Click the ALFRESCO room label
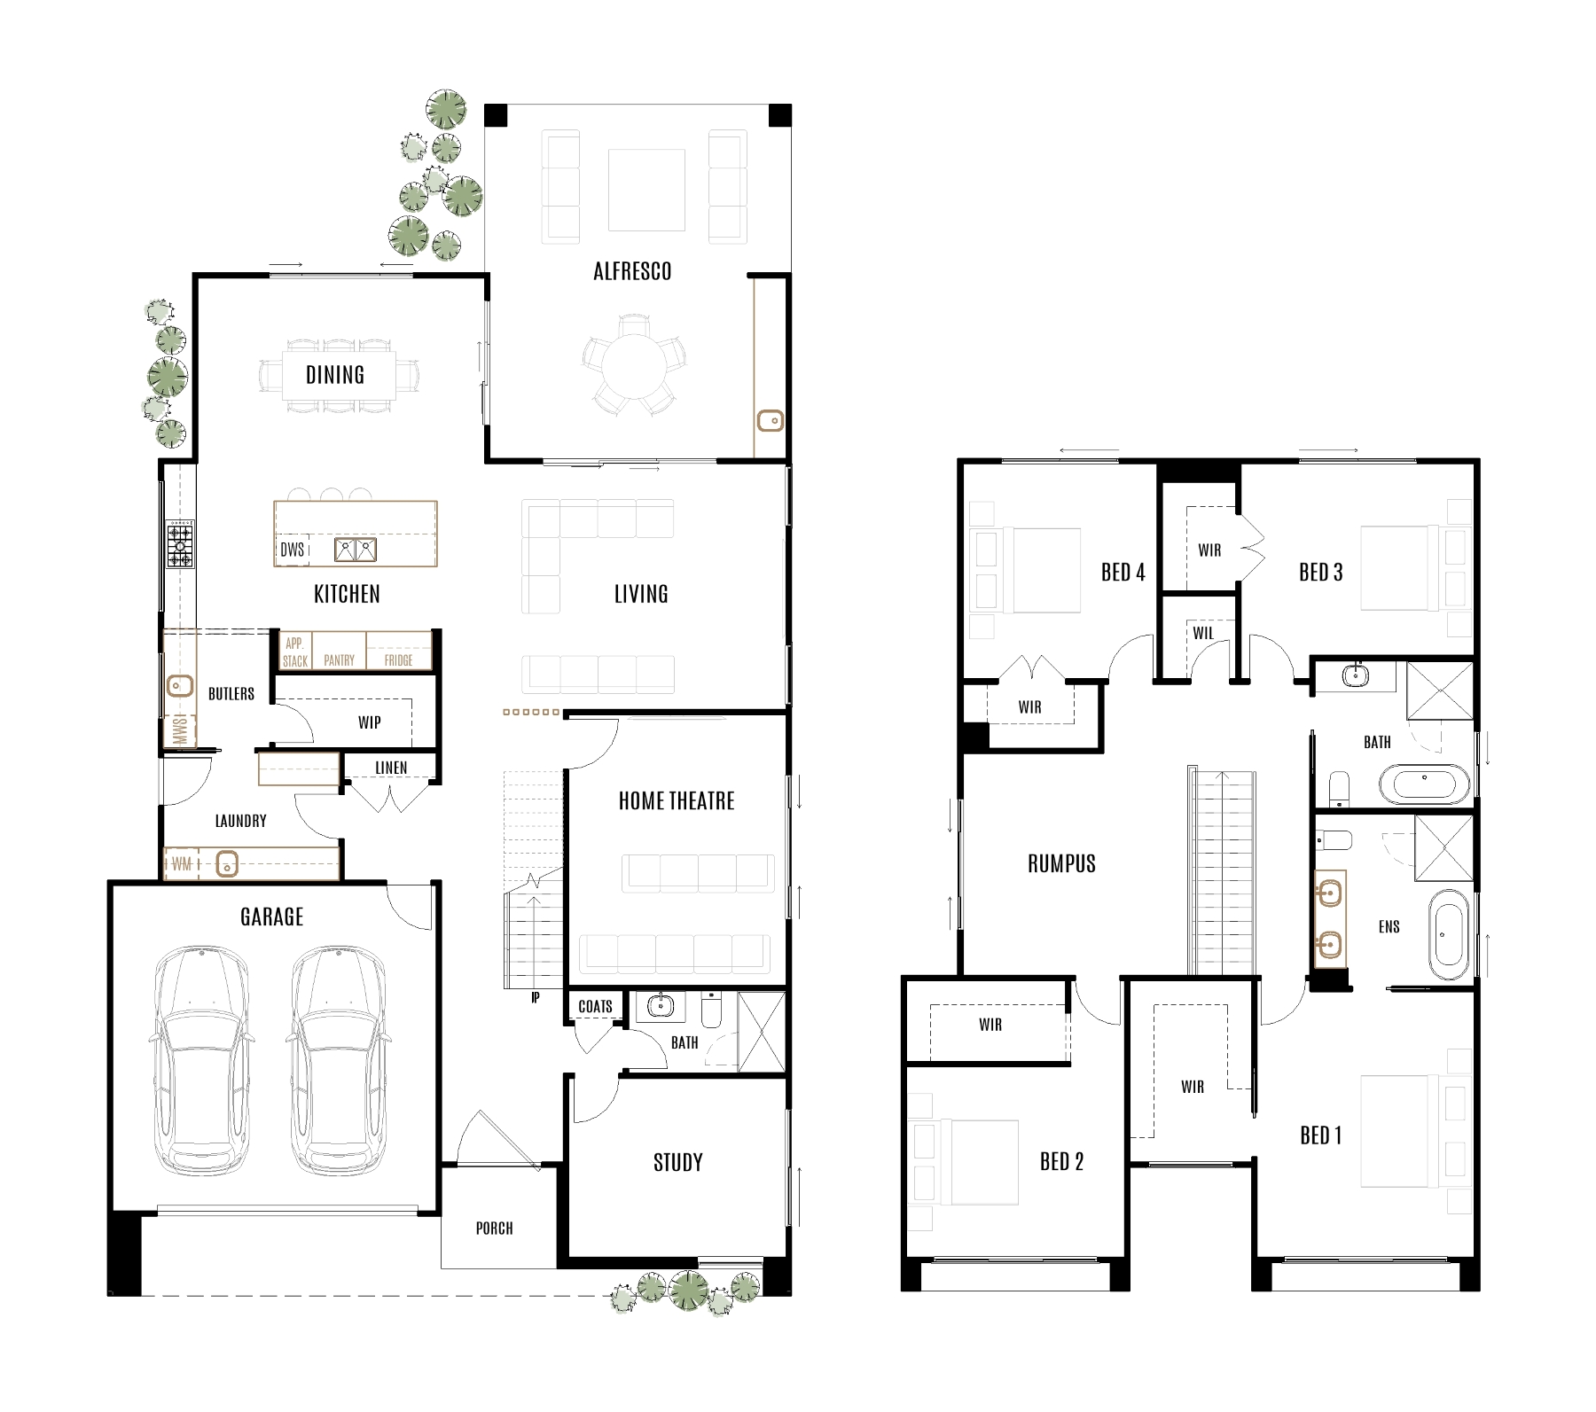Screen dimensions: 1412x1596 (631, 271)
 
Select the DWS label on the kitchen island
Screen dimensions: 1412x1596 (292, 550)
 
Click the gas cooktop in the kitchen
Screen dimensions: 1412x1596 (181, 544)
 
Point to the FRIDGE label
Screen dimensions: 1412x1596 (398, 660)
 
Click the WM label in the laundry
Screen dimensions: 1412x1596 (181, 863)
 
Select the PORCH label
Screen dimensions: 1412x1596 (494, 1229)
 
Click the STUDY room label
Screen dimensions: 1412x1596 (677, 1163)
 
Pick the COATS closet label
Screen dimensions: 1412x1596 (595, 1006)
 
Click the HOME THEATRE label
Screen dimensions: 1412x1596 (677, 801)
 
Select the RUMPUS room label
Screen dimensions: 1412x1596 (1061, 863)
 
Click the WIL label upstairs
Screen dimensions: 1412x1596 (1203, 633)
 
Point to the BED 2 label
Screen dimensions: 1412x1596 (1061, 1161)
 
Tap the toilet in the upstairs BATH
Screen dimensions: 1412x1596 (1339, 787)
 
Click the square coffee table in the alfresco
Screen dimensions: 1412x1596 (646, 190)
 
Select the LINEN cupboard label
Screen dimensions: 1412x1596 (391, 768)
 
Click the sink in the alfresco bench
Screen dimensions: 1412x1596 (770, 420)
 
